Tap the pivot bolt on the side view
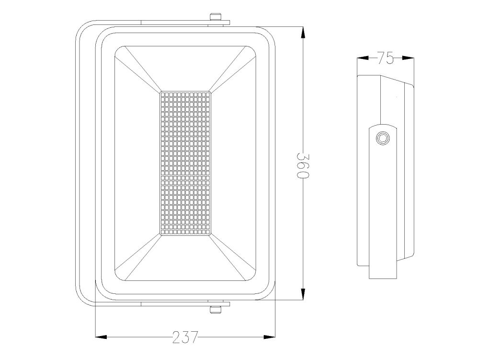[383, 138]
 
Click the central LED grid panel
[185, 163]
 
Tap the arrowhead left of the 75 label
[364, 58]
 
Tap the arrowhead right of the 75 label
[407, 58]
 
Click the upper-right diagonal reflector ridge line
[232, 70]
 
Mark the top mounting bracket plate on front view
[184, 23]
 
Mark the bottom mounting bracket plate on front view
[184, 303]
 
